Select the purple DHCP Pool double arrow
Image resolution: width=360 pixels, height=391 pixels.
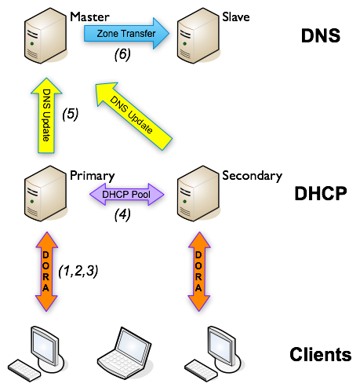pos(126,192)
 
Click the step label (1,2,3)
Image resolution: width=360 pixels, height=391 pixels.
pos(79,272)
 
